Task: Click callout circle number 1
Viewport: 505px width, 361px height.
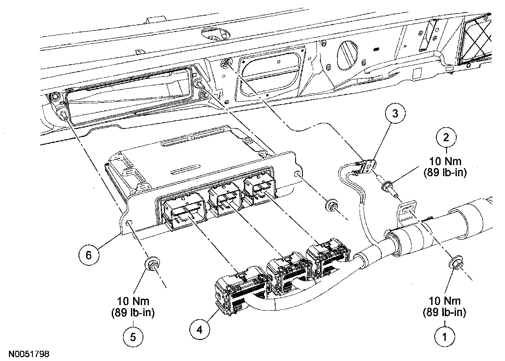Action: pyautogui.click(x=445, y=337)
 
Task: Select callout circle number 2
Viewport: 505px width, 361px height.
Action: pyautogui.click(x=446, y=138)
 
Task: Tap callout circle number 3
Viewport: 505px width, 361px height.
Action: pyautogui.click(x=395, y=114)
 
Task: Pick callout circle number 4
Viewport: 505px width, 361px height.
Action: pyautogui.click(x=200, y=330)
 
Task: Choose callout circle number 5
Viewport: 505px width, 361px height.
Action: pyautogui.click(x=133, y=337)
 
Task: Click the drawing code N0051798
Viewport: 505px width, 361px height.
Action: pyautogui.click(x=29, y=354)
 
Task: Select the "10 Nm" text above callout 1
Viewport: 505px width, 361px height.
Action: pyautogui.click(x=445, y=301)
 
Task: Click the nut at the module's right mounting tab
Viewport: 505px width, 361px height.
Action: pyautogui.click(x=331, y=205)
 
